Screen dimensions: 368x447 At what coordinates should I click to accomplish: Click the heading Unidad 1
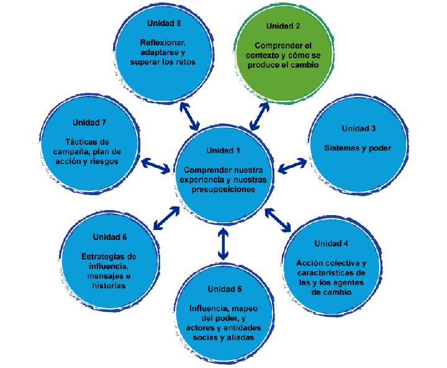point(223,150)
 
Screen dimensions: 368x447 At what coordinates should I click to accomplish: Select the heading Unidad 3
point(358,129)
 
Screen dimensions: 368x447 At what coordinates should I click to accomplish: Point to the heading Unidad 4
point(331,243)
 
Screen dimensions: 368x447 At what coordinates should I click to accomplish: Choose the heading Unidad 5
point(225,289)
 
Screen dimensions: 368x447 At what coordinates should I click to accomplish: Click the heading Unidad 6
point(110,237)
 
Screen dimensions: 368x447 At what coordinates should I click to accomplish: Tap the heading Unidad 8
point(164,23)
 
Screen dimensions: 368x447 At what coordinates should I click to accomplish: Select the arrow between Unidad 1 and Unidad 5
point(223,244)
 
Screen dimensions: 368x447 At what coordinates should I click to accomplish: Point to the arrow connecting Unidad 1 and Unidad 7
point(156,165)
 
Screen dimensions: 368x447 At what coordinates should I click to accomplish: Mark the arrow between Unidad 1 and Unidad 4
point(278,219)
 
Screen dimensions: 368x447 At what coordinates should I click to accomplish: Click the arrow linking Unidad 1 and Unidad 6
point(166,217)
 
